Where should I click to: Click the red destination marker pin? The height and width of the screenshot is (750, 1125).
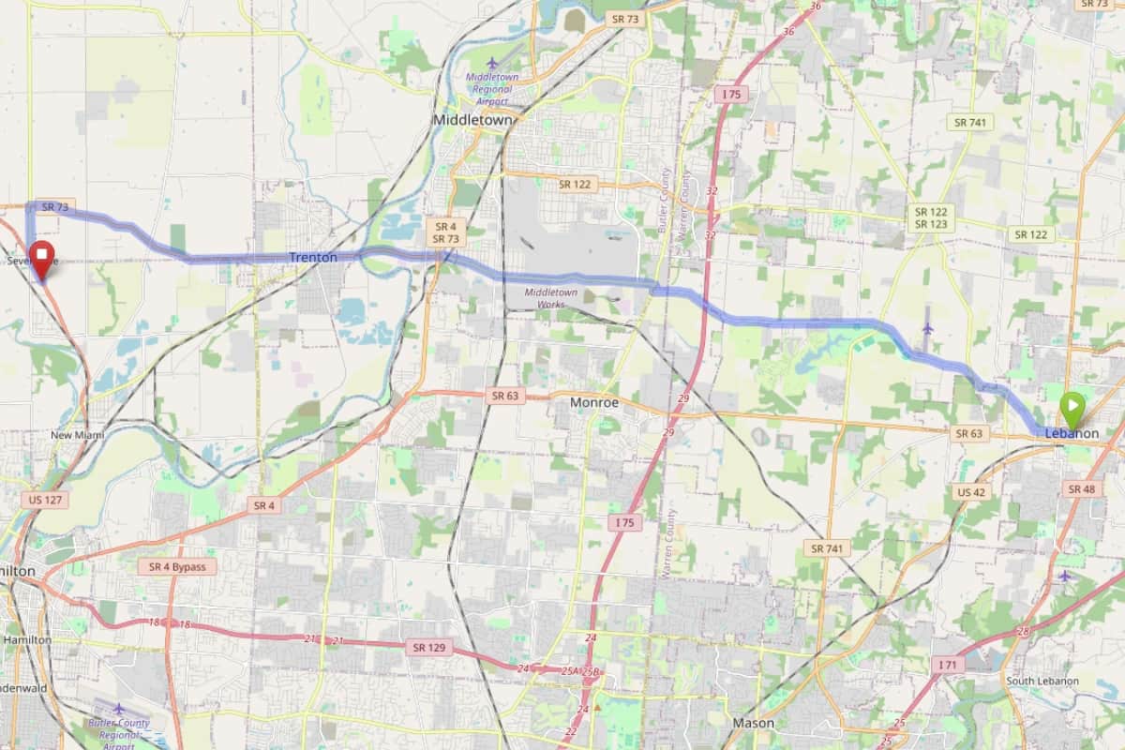pyautogui.click(x=41, y=258)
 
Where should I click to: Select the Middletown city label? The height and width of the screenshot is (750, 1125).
pyautogui.click(x=472, y=121)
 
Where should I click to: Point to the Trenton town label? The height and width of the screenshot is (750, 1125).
pyautogui.click(x=313, y=257)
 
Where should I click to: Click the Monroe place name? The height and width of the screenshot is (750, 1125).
pyautogui.click(x=594, y=402)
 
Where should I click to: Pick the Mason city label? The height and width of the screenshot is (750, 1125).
pyautogui.click(x=753, y=723)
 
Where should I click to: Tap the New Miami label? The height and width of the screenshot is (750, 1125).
pyautogui.click(x=78, y=435)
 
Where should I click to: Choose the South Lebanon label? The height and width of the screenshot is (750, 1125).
pyautogui.click(x=1042, y=681)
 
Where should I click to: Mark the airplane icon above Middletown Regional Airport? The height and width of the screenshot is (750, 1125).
pyautogui.click(x=492, y=63)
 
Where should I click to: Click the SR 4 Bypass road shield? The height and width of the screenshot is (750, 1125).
pyautogui.click(x=177, y=567)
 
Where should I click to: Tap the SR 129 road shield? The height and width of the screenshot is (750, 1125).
pyautogui.click(x=428, y=647)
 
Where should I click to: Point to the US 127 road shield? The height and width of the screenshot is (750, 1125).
pyautogui.click(x=44, y=500)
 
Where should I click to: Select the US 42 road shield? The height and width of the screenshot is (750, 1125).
pyautogui.click(x=970, y=492)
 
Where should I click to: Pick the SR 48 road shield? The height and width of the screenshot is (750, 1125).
pyautogui.click(x=1081, y=488)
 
